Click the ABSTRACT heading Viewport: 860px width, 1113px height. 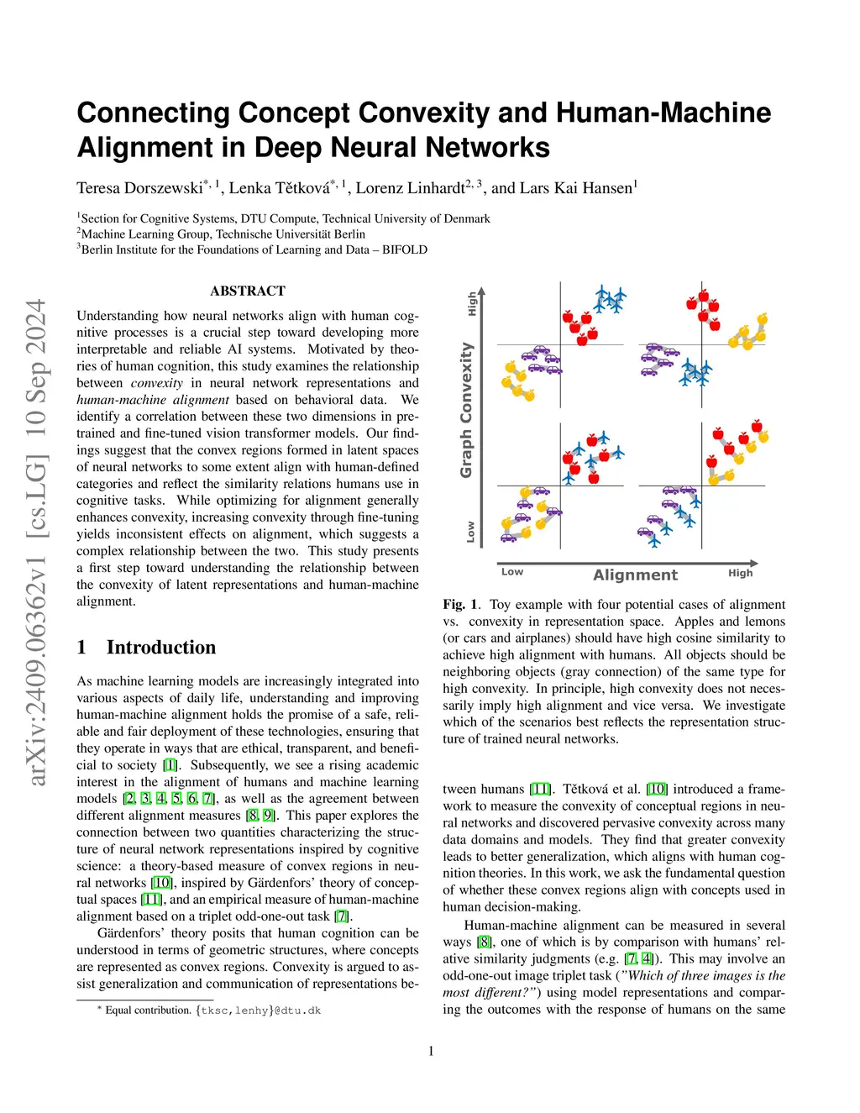point(248,291)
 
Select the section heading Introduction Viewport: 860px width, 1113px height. point(160,647)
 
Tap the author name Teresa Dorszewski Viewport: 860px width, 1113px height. point(139,188)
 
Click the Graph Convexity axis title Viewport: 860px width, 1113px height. point(466,410)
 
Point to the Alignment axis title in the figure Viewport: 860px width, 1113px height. point(635,575)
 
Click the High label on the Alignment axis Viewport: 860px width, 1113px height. point(740,573)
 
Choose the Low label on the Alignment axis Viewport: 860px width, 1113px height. point(511,572)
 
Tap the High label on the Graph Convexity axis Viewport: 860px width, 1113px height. point(472,303)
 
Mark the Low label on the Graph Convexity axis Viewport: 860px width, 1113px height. point(470,532)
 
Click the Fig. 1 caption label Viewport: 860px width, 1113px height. point(460,605)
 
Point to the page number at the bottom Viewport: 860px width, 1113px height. point(431,1051)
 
